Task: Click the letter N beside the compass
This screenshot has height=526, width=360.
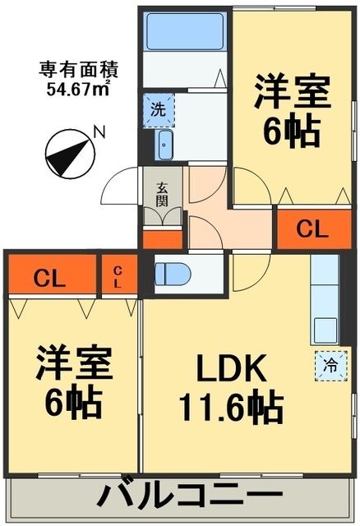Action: point(99,130)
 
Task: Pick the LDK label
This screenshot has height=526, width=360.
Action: point(222,372)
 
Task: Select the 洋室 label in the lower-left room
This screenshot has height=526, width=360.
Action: point(73,365)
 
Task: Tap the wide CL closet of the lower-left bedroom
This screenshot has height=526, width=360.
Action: point(49,277)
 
